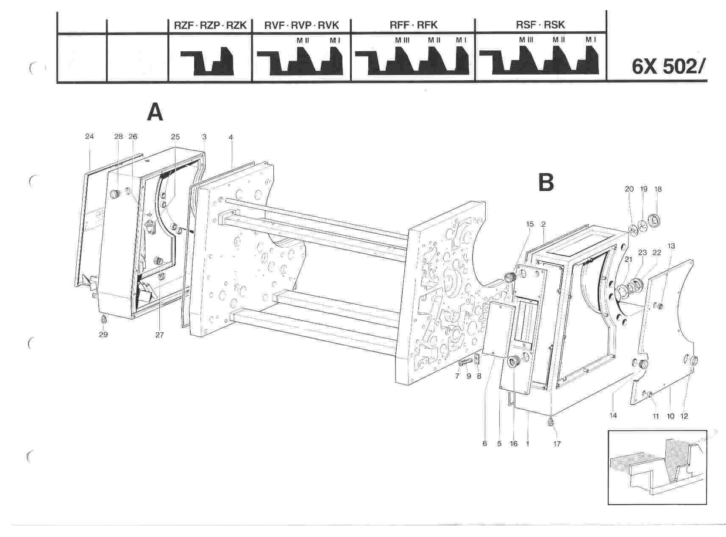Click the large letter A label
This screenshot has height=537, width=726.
pyautogui.click(x=155, y=113)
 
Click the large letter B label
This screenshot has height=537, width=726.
pyautogui.click(x=546, y=182)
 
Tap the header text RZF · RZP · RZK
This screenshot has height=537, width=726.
pyautogui.click(x=210, y=25)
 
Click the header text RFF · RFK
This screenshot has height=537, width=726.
pyautogui.click(x=413, y=25)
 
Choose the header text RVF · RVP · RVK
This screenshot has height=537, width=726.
pyautogui.click(x=301, y=25)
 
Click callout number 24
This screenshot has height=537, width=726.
pyautogui.click(x=89, y=136)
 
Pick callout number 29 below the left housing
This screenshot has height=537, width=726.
pyautogui.click(x=103, y=334)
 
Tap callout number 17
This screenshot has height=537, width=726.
pyautogui.click(x=557, y=444)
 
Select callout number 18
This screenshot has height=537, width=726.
pyautogui.click(x=658, y=189)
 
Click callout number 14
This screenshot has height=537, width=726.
pyautogui.click(x=613, y=416)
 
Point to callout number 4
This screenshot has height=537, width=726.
pyautogui.click(x=231, y=137)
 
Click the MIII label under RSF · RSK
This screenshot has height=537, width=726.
pyautogui.click(x=526, y=39)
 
